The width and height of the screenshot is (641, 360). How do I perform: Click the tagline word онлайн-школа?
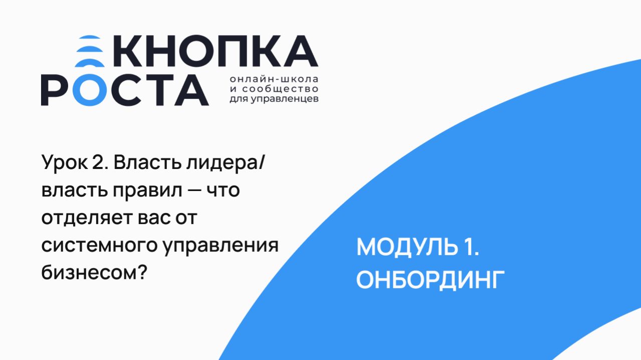pyautogui.click(x=274, y=80)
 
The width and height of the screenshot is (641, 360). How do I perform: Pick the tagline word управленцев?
pyautogui.click(x=290, y=99)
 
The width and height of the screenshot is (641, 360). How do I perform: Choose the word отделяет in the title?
pyautogui.click(x=82, y=219)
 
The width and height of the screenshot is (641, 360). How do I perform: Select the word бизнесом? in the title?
pyautogui.click(x=93, y=273)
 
